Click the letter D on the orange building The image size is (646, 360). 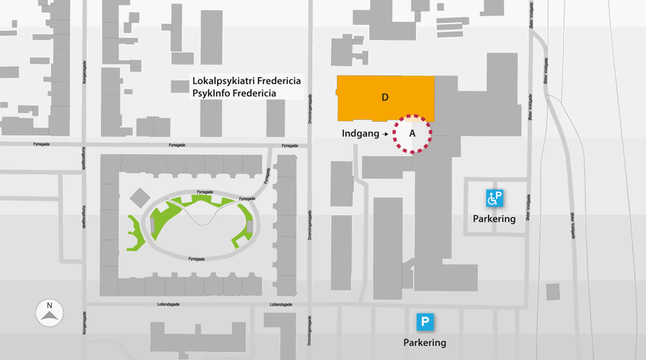click(x=385, y=98)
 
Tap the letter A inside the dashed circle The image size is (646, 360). click(x=412, y=134)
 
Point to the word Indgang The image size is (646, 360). click(x=361, y=134)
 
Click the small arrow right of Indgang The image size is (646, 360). click(x=386, y=135)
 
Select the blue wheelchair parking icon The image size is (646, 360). click(x=495, y=198)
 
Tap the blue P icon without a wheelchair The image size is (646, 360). click(x=425, y=322)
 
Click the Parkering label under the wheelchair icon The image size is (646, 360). click(x=494, y=219)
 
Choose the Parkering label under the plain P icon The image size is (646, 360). click(x=425, y=343)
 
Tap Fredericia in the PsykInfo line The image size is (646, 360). click(x=254, y=93)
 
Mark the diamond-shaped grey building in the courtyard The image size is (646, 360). click(x=140, y=198)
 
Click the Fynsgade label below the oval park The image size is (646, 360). click(x=196, y=259)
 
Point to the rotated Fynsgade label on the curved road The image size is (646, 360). click(x=267, y=176)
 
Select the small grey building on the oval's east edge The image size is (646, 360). click(x=250, y=227)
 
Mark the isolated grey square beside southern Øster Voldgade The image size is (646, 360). click(x=552, y=291)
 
